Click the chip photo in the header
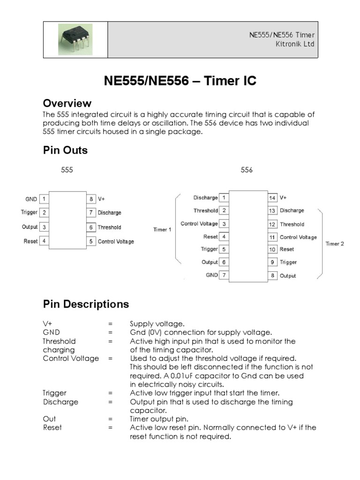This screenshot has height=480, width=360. (75, 39)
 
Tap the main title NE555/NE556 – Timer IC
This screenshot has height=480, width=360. (180, 81)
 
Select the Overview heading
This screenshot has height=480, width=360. (67, 103)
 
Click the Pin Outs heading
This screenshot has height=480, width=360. (65, 150)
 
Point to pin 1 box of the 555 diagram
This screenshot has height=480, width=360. (44, 199)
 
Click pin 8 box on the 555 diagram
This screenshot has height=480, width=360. (90, 199)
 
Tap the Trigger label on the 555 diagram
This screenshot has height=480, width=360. (29, 212)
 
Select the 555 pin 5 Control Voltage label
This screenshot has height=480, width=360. (116, 241)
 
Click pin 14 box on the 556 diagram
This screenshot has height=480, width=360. (272, 198)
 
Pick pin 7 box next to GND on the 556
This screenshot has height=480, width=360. (224, 275)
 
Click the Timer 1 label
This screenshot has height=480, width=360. (162, 230)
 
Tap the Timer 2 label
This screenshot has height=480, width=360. (335, 244)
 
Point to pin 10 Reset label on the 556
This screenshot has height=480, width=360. (287, 249)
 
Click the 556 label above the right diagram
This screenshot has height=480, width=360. (247, 170)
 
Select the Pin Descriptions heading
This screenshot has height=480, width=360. (86, 304)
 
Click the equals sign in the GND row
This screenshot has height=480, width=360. (110, 332)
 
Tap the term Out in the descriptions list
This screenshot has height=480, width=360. (49, 419)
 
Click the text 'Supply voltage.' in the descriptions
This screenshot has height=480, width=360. (157, 324)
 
